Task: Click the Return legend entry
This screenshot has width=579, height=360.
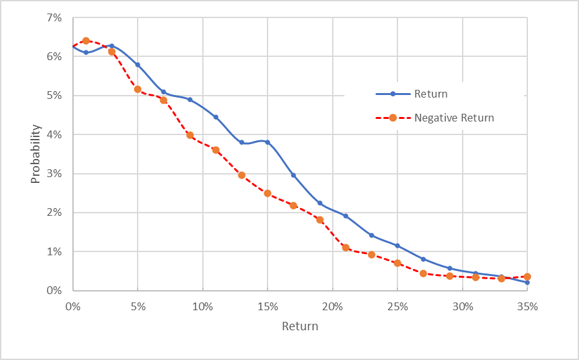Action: [x=430, y=94]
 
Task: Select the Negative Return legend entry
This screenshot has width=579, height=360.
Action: [x=454, y=118]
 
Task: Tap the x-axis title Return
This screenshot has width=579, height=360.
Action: [x=300, y=326]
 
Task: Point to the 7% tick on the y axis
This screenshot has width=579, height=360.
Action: [x=53, y=18]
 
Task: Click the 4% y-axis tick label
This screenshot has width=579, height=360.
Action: [x=53, y=134]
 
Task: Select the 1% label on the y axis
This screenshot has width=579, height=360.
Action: [x=53, y=251]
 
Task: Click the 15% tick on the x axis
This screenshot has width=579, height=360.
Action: [x=268, y=306]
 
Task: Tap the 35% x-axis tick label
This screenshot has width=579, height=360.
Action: [x=527, y=306]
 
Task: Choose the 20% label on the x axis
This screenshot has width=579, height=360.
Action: [x=333, y=306]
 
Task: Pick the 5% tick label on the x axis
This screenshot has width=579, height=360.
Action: [x=138, y=306]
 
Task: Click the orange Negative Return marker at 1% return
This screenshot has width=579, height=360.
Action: [x=86, y=41]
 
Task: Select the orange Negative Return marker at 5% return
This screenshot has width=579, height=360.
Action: [x=138, y=89]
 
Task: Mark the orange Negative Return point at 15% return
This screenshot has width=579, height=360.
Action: [x=268, y=193]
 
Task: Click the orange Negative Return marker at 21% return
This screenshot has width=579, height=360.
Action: [x=346, y=248]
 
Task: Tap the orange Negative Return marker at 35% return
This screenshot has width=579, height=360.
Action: [x=527, y=277]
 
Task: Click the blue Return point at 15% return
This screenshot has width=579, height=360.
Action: [x=268, y=142]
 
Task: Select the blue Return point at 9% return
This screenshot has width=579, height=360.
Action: [x=190, y=100]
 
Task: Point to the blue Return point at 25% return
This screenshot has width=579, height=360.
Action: [x=397, y=246]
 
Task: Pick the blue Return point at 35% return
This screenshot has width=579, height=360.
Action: [x=527, y=282]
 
